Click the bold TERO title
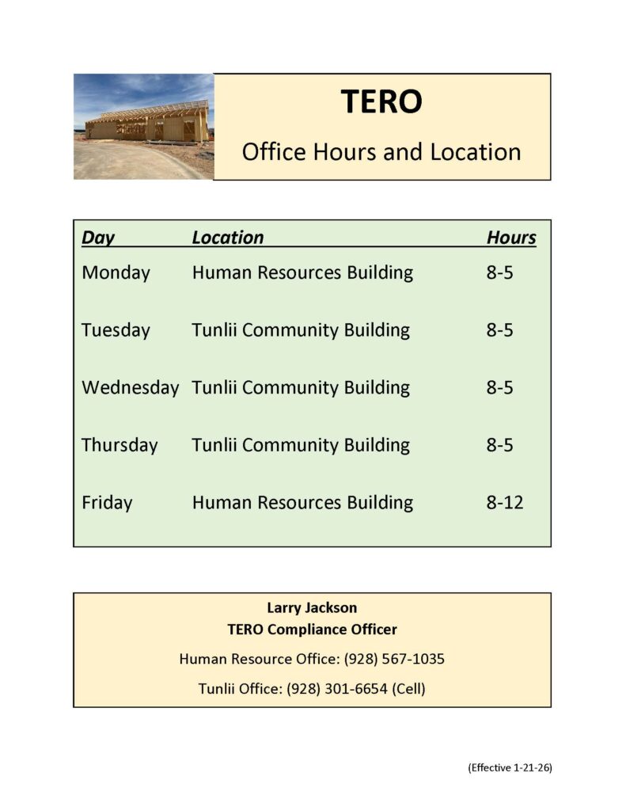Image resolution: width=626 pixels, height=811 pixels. (381, 101)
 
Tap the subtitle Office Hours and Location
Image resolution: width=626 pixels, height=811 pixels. (381, 151)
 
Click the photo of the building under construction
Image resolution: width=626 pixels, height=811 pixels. (143, 127)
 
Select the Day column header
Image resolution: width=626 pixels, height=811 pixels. (98, 238)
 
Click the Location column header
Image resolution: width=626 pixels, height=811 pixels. (228, 238)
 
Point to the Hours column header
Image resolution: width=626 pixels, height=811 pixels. (511, 238)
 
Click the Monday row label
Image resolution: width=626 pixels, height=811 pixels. (116, 272)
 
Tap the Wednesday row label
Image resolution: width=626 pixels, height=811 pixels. (130, 387)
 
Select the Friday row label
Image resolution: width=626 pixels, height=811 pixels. (107, 502)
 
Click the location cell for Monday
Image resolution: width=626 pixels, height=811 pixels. (302, 272)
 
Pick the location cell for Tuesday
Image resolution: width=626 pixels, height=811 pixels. (301, 329)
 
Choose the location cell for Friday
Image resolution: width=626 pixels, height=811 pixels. (302, 502)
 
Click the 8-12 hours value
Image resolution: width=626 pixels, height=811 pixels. (505, 502)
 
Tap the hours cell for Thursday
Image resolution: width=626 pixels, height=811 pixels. (499, 444)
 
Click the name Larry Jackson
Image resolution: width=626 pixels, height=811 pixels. (312, 607)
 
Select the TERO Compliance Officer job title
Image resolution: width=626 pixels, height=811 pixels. (312, 630)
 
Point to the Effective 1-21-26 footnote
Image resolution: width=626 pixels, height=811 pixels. (510, 767)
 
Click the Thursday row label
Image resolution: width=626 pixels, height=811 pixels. (120, 444)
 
